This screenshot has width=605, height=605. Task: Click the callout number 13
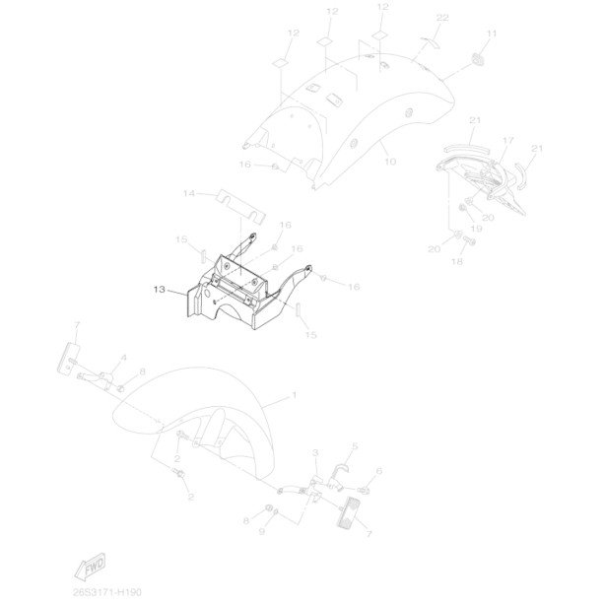click(x=160, y=291)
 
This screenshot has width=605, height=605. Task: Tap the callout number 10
click(x=389, y=161)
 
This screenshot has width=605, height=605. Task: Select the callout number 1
click(x=293, y=394)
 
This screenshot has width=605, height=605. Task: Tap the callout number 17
click(x=508, y=142)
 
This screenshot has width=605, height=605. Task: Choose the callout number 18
click(x=457, y=263)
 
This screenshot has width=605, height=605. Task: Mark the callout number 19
click(x=477, y=229)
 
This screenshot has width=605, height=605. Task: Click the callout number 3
click(x=315, y=451)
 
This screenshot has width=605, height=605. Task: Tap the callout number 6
click(x=379, y=471)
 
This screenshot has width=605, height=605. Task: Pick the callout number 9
click(x=262, y=531)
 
